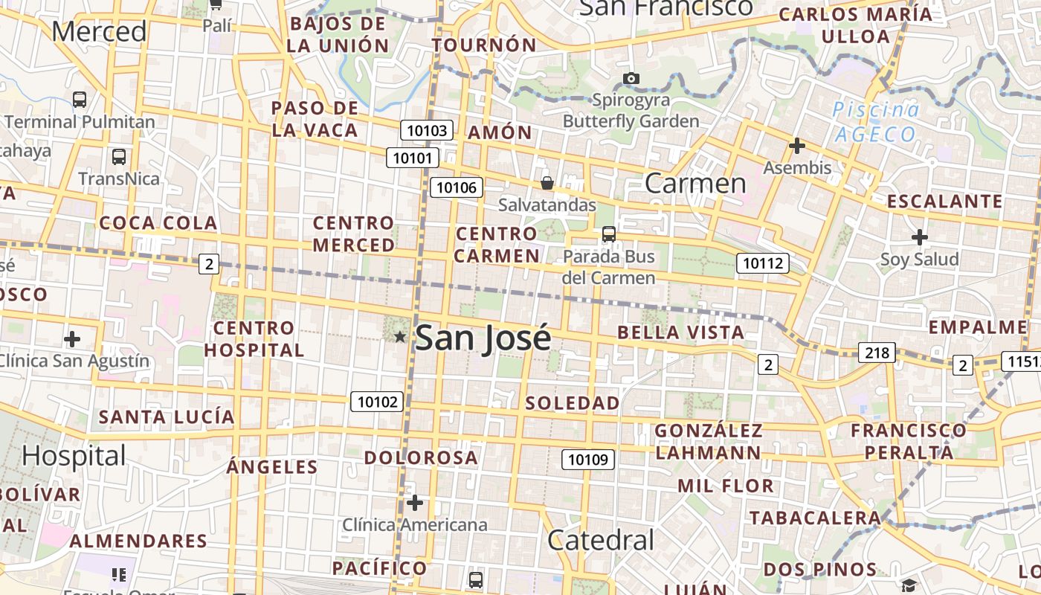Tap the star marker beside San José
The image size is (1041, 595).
click(400, 337)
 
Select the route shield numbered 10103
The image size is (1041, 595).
click(428, 131)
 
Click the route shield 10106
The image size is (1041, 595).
click(457, 187)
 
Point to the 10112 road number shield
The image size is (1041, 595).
click(763, 263)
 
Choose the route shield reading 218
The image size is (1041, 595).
click(877, 353)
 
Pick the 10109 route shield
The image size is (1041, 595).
click(587, 460)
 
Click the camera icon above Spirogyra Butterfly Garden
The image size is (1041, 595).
click(631, 78)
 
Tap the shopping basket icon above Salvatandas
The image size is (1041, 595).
click(547, 183)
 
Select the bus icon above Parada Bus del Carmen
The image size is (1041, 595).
click(609, 234)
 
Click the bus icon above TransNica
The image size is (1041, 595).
click(118, 157)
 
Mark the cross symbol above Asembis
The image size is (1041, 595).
click(797, 146)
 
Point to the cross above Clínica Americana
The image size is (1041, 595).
click(415, 504)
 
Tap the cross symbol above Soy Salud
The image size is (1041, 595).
click(920, 238)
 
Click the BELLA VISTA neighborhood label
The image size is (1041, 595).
click(680, 332)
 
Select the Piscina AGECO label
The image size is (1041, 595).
click(876, 122)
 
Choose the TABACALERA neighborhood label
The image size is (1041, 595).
click(814, 518)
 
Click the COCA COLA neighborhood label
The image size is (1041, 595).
click(158, 223)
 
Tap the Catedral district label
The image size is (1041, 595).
click(601, 541)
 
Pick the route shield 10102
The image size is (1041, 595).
click(377, 402)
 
